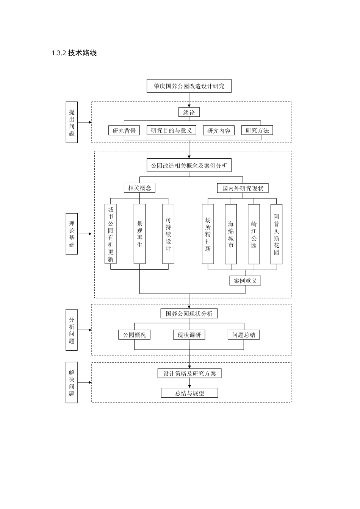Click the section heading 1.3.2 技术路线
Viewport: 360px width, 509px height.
coord(74,53)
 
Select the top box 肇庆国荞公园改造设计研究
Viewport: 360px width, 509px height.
coord(189,86)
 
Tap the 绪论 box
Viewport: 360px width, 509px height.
coord(189,112)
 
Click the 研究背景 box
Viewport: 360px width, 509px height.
coord(124,131)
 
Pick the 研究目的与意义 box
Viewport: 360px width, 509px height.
coord(171,130)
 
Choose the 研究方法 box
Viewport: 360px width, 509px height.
coord(257,130)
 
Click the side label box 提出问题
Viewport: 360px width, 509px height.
coord(72,122)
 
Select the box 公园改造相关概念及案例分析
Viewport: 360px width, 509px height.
coord(189,166)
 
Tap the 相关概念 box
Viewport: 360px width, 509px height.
coord(139,188)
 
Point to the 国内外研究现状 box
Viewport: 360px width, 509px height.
coord(243,188)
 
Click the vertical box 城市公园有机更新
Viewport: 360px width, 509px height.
coord(110,234)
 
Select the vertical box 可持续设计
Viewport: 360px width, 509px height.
coord(168,234)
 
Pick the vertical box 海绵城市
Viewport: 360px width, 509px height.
coord(231,234)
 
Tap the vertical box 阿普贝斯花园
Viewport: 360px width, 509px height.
coord(276,234)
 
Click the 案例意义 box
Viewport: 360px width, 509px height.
coord(245,281)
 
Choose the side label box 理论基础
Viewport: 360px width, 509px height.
coord(72,234)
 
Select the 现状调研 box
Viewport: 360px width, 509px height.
coord(189,335)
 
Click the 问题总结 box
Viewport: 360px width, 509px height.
coord(244,335)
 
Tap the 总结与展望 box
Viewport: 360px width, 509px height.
coord(189,393)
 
